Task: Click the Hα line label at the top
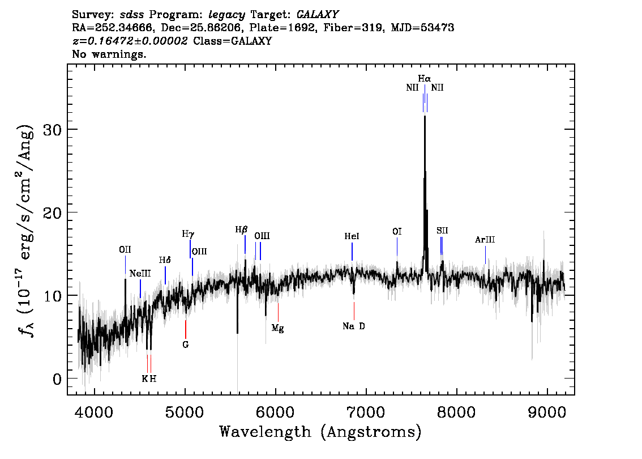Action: (x=424, y=78)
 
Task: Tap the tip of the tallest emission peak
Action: (x=425, y=116)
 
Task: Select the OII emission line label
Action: (x=125, y=249)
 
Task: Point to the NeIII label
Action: (x=140, y=273)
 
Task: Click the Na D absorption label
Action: (x=354, y=326)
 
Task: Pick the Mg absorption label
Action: (x=277, y=328)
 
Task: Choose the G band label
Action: (x=186, y=345)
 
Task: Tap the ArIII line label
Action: (x=485, y=240)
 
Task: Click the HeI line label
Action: (x=352, y=236)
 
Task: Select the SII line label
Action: (x=442, y=231)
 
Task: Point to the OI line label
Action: (x=397, y=232)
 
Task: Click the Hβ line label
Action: (x=241, y=230)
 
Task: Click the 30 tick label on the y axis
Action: (x=52, y=130)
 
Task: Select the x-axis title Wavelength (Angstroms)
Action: (x=320, y=432)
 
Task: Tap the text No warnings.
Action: (x=109, y=54)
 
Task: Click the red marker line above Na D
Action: (x=354, y=311)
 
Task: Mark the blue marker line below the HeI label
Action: (x=352, y=252)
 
